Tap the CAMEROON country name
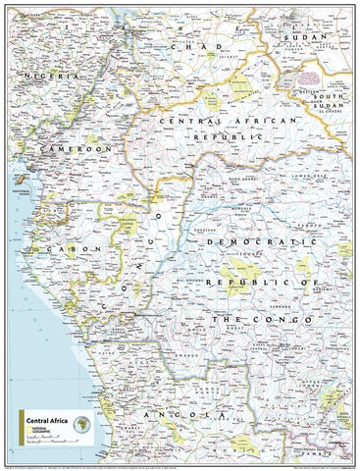(70, 147)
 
